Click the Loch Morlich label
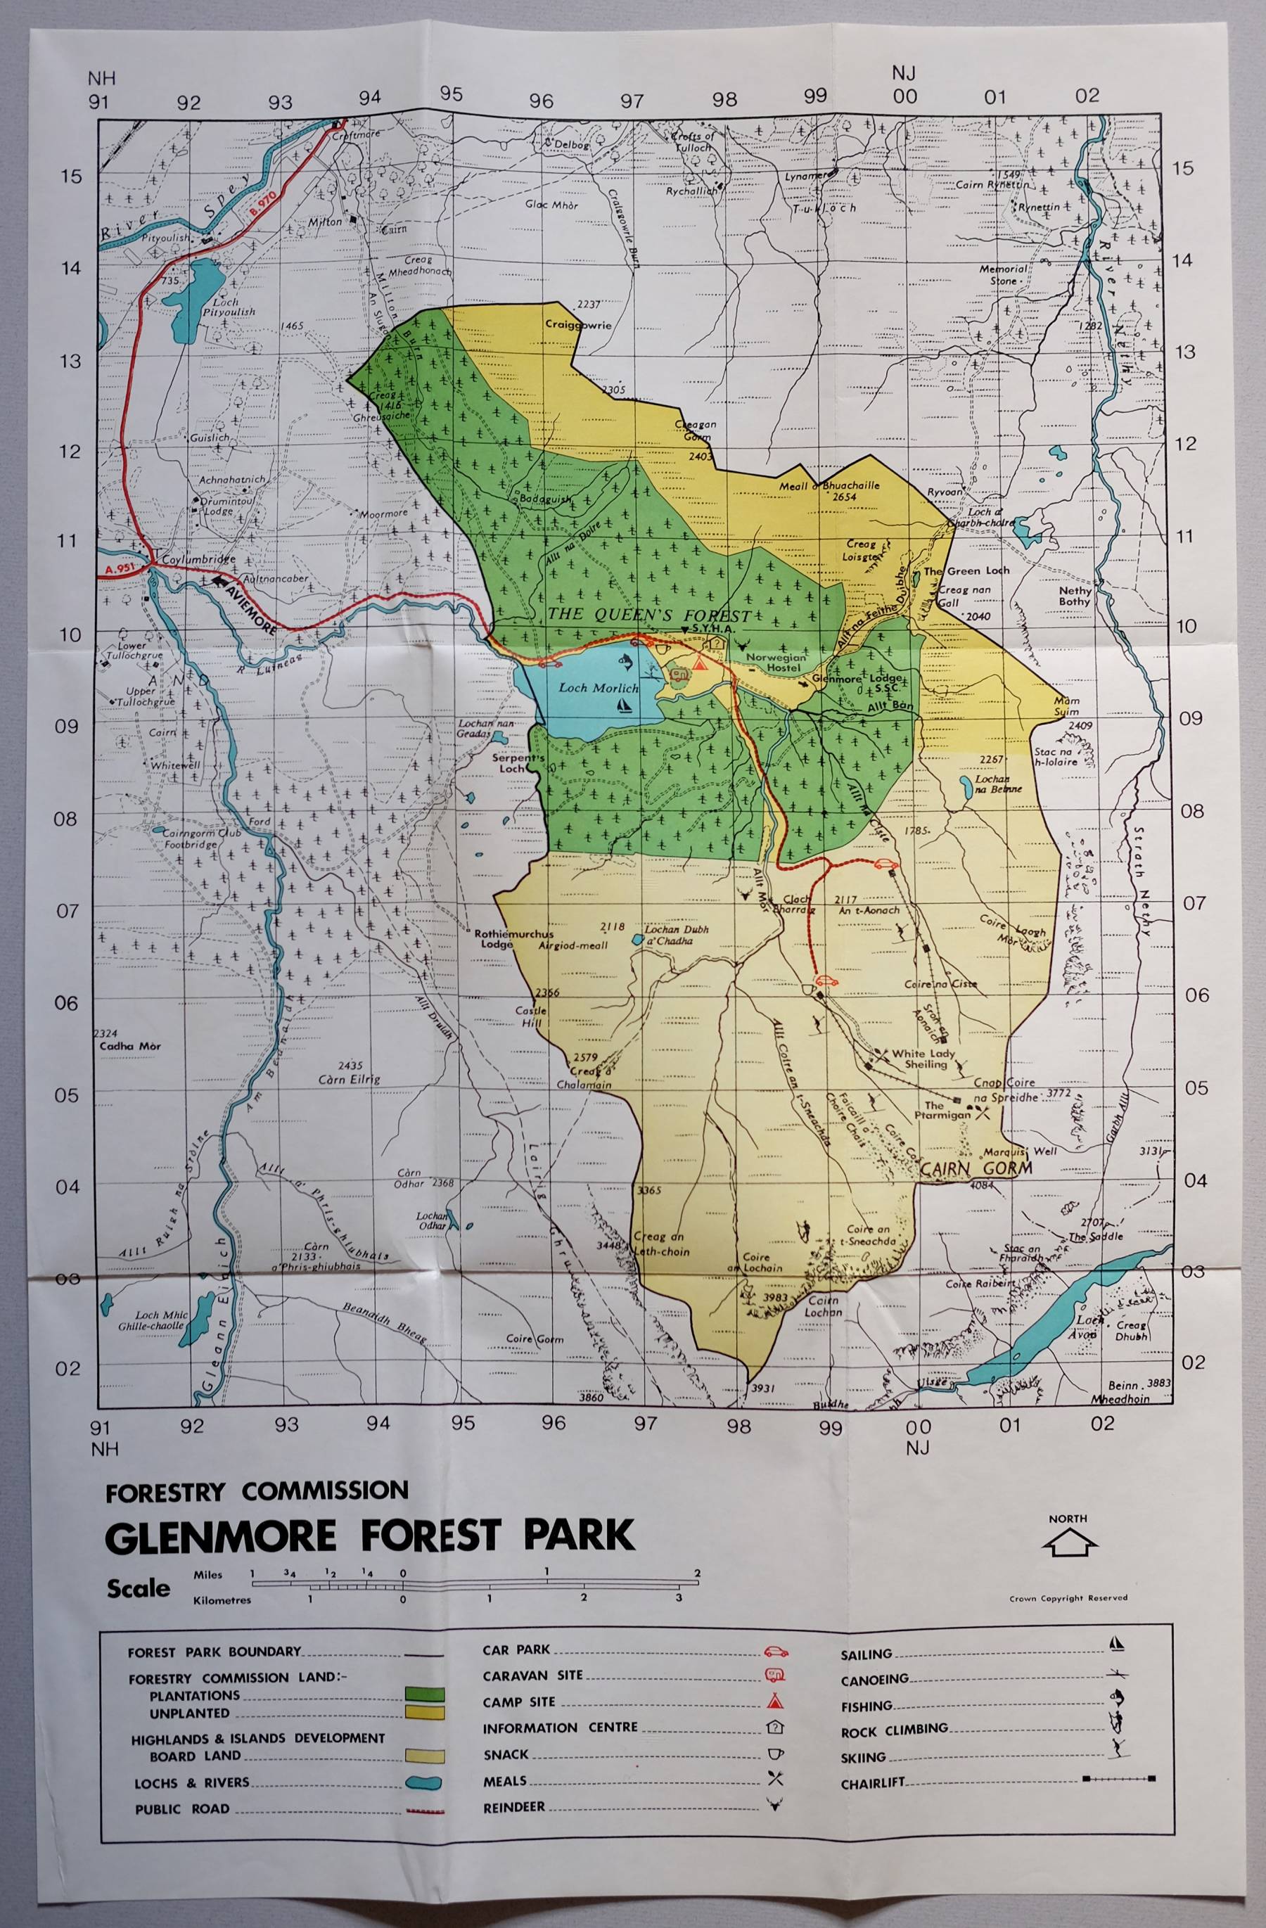[599, 688]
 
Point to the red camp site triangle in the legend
[775, 1702]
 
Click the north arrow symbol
[1068, 1543]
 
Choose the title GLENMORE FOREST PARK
[370, 1537]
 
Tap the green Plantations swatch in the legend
[424, 1693]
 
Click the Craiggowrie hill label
[577, 325]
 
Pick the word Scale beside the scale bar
[139, 1588]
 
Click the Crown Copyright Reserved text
[1068, 1598]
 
